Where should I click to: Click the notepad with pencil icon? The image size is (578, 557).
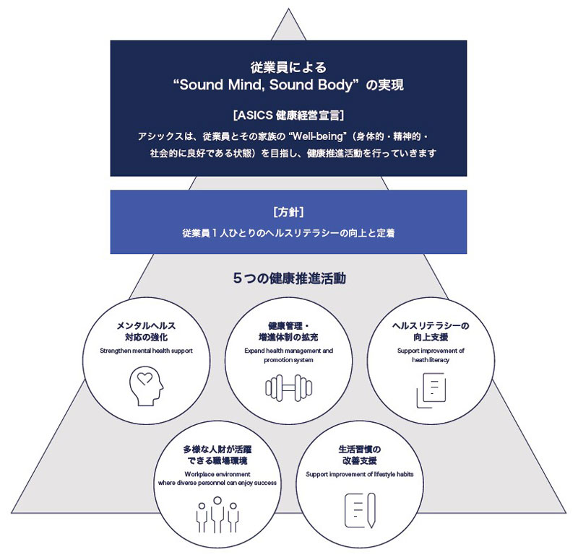point(360,509)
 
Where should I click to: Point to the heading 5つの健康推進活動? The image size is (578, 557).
point(288,278)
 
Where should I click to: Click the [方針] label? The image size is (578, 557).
point(288,212)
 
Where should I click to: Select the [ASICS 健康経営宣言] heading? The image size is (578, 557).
point(288,115)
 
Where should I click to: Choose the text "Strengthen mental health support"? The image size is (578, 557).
point(146,351)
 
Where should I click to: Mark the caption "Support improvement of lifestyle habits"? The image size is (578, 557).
point(360,474)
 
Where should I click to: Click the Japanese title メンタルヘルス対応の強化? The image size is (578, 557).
point(146,331)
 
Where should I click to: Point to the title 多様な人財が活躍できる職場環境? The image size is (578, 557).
point(217,455)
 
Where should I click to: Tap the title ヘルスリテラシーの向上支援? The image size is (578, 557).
point(431,331)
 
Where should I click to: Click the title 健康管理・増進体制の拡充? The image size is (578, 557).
point(288,331)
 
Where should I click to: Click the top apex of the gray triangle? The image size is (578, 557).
point(288,13)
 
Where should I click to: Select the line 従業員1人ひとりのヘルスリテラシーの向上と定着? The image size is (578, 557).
point(288,234)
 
